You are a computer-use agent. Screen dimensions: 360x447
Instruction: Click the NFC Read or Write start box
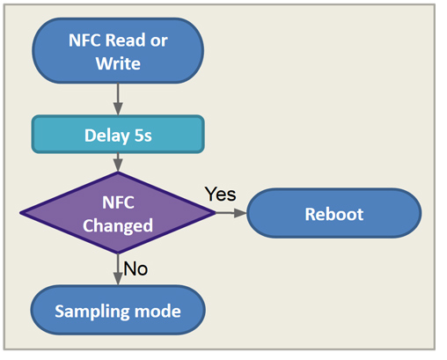[118, 50]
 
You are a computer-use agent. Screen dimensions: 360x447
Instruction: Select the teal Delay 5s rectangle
[118, 136]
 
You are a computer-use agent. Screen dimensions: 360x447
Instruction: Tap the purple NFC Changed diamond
[118, 214]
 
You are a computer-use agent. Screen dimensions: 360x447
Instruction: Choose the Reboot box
[333, 214]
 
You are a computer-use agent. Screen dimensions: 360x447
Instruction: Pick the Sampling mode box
[118, 311]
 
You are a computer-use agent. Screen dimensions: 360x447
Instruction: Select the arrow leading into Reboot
[231, 213]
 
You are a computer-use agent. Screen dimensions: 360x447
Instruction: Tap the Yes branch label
[220, 194]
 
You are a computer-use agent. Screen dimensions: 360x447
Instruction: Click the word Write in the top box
[118, 62]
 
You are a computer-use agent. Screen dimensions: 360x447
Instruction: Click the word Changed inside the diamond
[118, 225]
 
